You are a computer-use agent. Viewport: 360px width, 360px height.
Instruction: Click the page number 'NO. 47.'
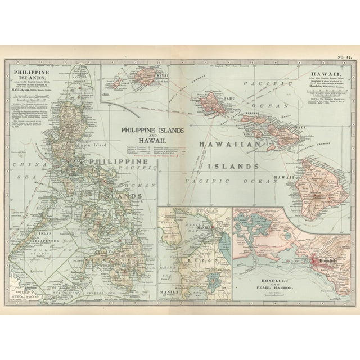[345, 57]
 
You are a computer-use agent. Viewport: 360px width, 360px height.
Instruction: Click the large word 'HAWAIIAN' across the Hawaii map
[231, 145]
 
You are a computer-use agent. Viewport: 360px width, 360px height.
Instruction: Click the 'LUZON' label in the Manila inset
[193, 262]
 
